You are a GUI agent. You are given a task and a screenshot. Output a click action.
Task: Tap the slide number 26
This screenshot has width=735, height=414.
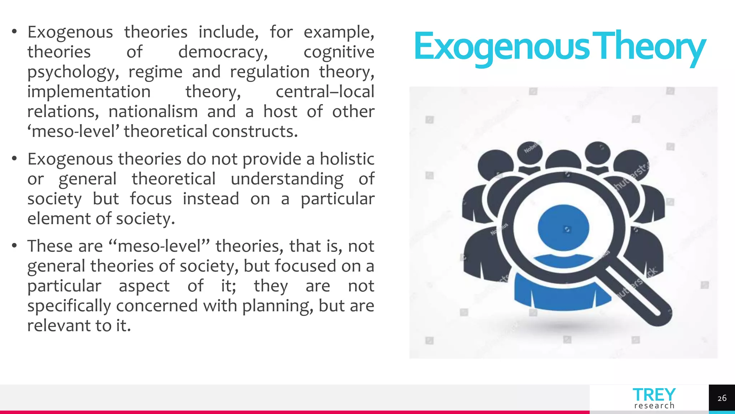tap(722, 398)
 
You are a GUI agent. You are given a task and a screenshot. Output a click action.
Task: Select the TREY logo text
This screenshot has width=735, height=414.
tap(654, 395)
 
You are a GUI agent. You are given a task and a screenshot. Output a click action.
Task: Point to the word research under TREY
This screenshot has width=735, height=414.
tap(654, 406)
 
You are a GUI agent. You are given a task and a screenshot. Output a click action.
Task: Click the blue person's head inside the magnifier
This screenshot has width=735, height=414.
tap(563, 228)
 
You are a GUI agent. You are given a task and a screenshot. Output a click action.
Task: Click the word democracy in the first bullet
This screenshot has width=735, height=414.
tap(223, 52)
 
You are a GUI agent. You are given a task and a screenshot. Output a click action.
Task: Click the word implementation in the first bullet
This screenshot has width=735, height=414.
tap(89, 92)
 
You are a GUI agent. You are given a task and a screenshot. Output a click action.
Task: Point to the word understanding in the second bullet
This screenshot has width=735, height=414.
tap(287, 179)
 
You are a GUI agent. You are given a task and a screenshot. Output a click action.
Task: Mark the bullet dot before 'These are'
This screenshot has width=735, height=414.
tap(14, 246)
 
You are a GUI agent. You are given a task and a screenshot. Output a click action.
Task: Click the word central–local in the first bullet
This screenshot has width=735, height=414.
tap(325, 92)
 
